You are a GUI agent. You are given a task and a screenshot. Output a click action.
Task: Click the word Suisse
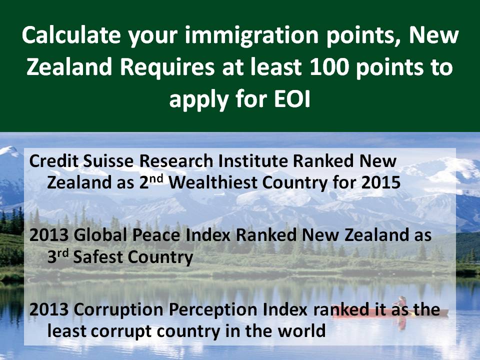108,161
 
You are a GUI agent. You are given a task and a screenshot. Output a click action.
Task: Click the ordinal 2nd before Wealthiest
151,182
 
